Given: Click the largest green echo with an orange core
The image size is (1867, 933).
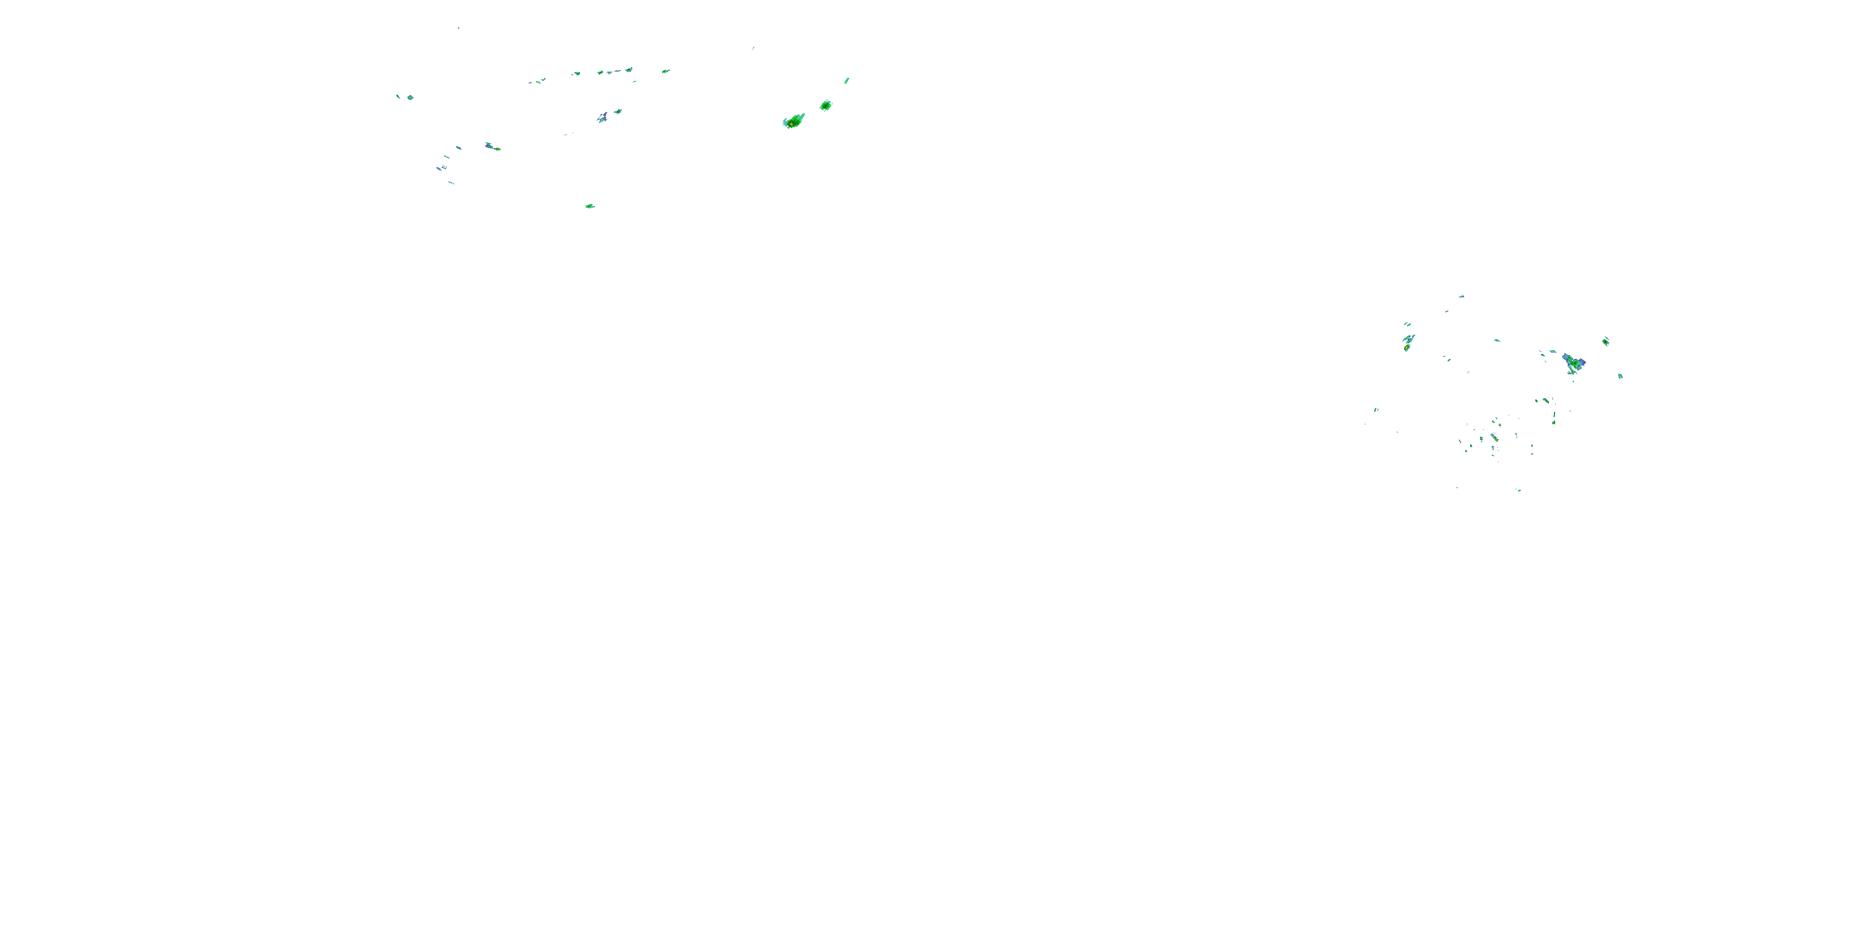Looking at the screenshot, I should (794, 121).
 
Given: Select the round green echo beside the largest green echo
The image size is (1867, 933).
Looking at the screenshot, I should (825, 106).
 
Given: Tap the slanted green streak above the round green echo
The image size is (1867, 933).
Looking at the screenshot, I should (846, 80).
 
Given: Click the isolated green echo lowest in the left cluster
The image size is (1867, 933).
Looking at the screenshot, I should (590, 207).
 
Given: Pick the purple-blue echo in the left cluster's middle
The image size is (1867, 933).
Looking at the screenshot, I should (602, 118).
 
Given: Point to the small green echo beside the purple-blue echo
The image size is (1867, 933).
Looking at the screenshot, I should (617, 111).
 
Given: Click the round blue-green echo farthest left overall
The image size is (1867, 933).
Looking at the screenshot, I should (410, 97).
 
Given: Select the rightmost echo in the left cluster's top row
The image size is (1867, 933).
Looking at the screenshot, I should (665, 71).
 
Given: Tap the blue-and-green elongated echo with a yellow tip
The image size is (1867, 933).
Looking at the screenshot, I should (492, 147).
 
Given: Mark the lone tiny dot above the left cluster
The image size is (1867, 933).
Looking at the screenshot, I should (458, 28).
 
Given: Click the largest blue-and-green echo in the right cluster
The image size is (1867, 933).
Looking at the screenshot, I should (1573, 361).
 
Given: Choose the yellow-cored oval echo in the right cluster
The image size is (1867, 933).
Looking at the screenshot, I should (1406, 348).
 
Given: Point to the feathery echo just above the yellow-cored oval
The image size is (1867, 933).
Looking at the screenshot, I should (1409, 338).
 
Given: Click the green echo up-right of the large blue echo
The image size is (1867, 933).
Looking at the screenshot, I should (1606, 341).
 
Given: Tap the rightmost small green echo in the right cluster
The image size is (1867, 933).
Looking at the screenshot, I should (1621, 376).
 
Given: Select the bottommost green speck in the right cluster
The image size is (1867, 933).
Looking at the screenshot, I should (1519, 490).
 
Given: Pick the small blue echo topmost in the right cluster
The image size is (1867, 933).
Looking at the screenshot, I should (1462, 296).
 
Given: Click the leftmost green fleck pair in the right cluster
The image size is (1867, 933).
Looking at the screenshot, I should (1375, 410).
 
